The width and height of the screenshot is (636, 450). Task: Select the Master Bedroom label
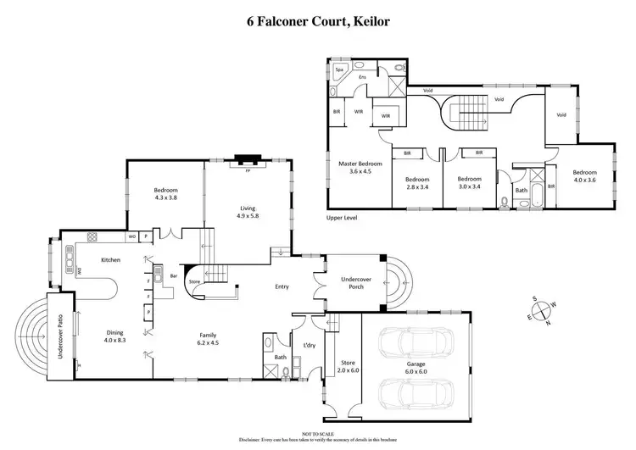click(360, 167)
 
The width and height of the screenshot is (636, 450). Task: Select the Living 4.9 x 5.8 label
click(247, 213)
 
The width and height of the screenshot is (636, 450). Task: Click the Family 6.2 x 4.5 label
click(208, 338)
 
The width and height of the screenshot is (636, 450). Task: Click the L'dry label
click(310, 344)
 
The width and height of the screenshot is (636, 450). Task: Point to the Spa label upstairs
click(339, 69)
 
